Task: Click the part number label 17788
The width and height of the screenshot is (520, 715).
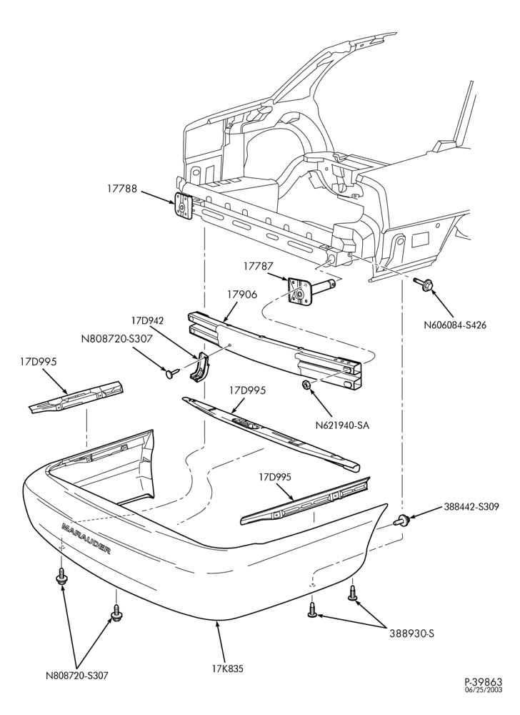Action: coord(122,189)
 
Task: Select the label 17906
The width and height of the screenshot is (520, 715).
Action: coord(242,295)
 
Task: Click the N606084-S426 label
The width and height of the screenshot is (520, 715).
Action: coord(454,325)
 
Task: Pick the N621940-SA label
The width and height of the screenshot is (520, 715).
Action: coord(342,426)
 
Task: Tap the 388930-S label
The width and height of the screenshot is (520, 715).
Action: coord(411,633)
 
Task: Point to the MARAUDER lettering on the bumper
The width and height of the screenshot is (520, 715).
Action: coord(86,539)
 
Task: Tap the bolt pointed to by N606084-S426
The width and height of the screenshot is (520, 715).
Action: coord(423,285)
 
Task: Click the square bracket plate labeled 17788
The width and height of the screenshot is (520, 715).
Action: coord(182,207)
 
